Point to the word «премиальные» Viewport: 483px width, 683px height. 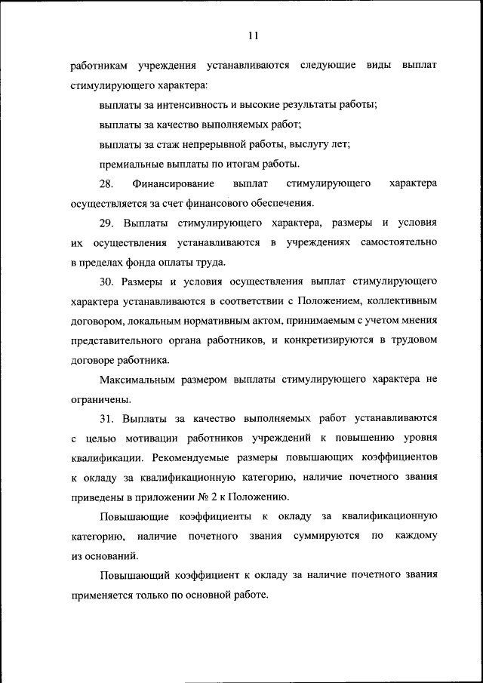coord(131,164)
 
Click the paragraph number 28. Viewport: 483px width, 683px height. coord(106,183)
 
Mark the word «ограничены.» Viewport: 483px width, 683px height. coord(97,400)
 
